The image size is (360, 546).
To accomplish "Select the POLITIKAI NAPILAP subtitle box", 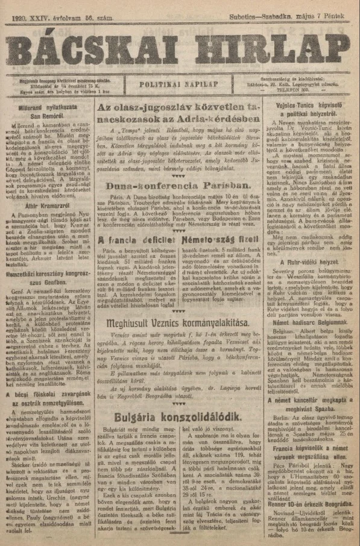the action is [180, 84].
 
